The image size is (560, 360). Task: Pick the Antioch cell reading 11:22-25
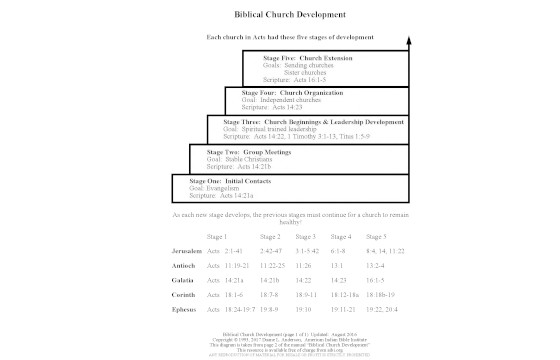point(275,266)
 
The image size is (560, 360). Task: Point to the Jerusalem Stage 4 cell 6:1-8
point(341,250)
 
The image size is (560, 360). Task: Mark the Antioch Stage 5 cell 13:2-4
point(381,266)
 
